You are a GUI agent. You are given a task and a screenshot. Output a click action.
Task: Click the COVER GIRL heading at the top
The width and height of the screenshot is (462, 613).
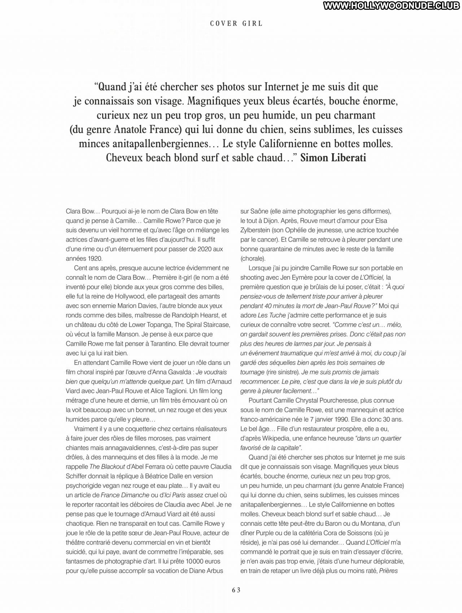coord(236,23)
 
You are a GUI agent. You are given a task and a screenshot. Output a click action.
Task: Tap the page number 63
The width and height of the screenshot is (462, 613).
coord(236,590)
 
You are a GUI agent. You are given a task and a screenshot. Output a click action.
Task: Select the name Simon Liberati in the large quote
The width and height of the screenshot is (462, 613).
coord(333,158)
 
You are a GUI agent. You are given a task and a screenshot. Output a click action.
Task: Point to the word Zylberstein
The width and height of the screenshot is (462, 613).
coord(257,230)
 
